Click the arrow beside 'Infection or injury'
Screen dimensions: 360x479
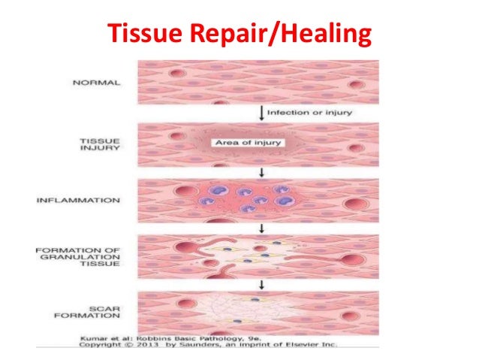pos(260,113)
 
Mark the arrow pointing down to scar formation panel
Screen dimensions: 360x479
pos(260,283)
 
